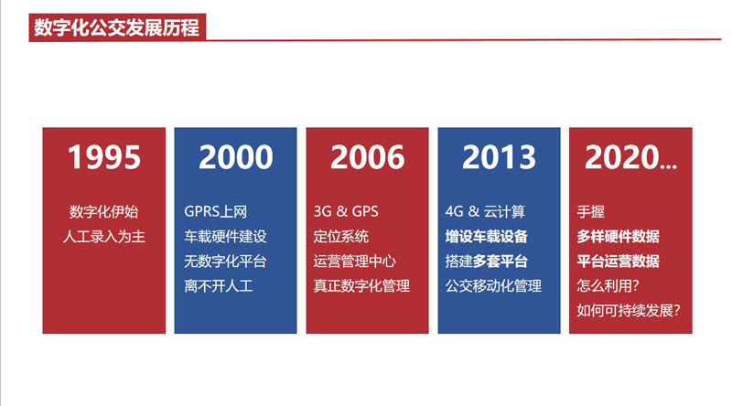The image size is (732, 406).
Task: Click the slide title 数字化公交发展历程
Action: click(117, 27)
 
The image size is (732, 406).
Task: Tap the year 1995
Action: click(104, 156)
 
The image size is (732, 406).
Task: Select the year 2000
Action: click(236, 156)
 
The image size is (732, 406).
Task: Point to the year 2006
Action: click(368, 156)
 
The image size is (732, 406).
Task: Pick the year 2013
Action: click(499, 156)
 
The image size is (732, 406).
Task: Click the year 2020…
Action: click(630, 156)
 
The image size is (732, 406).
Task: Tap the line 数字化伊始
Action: click(104, 211)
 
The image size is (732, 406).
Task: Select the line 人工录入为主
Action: click(104, 236)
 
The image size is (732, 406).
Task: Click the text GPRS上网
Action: click(216, 211)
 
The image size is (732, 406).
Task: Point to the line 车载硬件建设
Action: click(225, 236)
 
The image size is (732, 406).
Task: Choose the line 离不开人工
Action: click(219, 285)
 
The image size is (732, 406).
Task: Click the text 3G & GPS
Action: click(346, 211)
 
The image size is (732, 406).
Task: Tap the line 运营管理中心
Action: click(355, 261)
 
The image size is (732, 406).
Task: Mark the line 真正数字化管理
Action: click(361, 285)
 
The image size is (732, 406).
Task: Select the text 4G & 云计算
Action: click(485, 211)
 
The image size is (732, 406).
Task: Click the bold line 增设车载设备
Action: click(487, 236)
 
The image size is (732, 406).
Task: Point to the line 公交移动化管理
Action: click(493, 285)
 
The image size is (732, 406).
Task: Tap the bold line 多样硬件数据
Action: click(619, 236)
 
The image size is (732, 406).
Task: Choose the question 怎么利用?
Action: click(608, 285)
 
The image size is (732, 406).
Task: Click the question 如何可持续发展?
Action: click(629, 310)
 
